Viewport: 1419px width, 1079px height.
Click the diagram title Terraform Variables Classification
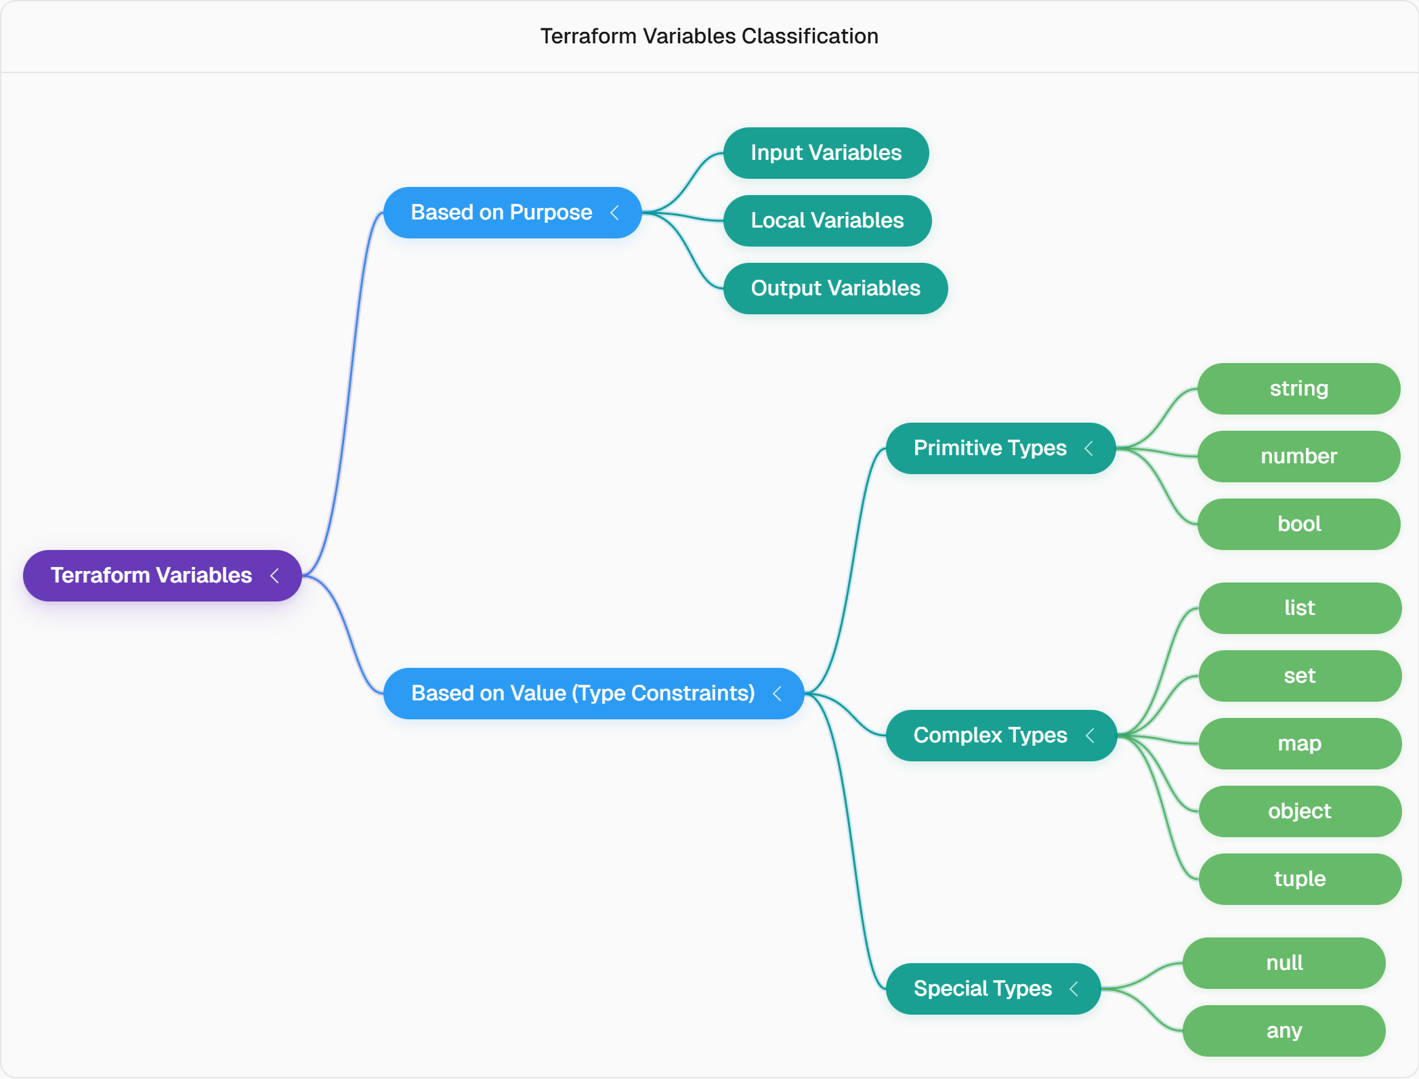coord(709,36)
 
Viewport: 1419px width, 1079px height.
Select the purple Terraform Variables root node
coord(163,576)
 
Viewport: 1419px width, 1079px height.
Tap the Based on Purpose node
coord(513,213)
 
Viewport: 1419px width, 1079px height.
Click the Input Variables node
coord(826,153)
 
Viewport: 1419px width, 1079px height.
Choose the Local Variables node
coord(828,221)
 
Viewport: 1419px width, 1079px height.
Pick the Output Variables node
coord(836,289)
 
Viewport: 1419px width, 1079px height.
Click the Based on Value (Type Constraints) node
coord(594,694)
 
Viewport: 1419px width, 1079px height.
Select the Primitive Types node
coord(1001,448)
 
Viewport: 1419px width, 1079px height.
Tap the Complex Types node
coord(1002,736)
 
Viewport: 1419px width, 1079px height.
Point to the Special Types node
coord(994,989)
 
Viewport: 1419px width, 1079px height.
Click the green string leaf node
coord(1299,389)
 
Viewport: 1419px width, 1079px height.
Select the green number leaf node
coord(1299,457)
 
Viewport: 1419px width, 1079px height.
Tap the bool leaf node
coord(1299,524)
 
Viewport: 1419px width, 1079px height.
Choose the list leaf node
coord(1300,608)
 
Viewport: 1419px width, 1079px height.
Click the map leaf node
coord(1300,744)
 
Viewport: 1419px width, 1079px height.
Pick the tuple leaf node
coord(1300,879)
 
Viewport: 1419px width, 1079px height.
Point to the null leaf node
coord(1284,963)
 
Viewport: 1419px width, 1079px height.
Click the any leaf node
coord(1284,1031)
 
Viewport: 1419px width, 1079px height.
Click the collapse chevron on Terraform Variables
coord(274,576)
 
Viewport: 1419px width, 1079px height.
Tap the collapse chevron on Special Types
coord(1074,989)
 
